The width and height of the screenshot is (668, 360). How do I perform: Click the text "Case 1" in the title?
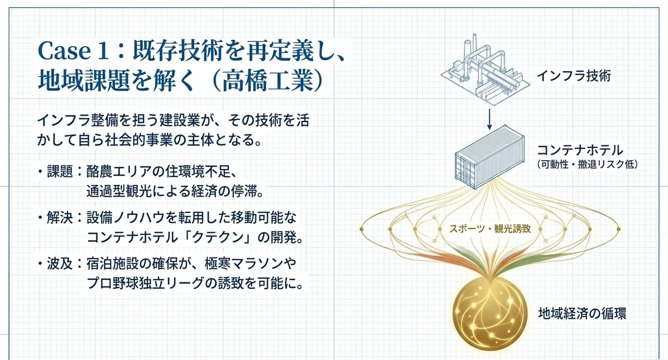73,51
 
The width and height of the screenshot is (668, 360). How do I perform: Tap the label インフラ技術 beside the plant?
574,76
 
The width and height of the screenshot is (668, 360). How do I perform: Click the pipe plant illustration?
485,69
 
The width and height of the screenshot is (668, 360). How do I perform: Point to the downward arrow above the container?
489,119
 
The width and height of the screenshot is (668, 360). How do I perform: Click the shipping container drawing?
489,157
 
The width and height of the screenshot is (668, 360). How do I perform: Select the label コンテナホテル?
580,150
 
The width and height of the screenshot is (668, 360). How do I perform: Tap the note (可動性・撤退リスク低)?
587,164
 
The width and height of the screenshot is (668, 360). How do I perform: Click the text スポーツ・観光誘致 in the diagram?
490,229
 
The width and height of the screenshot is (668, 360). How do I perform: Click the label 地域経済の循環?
582,313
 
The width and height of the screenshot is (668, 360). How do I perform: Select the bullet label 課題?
60,172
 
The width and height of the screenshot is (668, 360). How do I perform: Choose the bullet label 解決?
60,218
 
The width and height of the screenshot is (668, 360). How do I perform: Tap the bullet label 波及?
60,263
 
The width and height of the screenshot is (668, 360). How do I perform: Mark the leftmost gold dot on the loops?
362,229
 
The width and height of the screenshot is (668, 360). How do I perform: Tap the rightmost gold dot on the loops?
619,229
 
